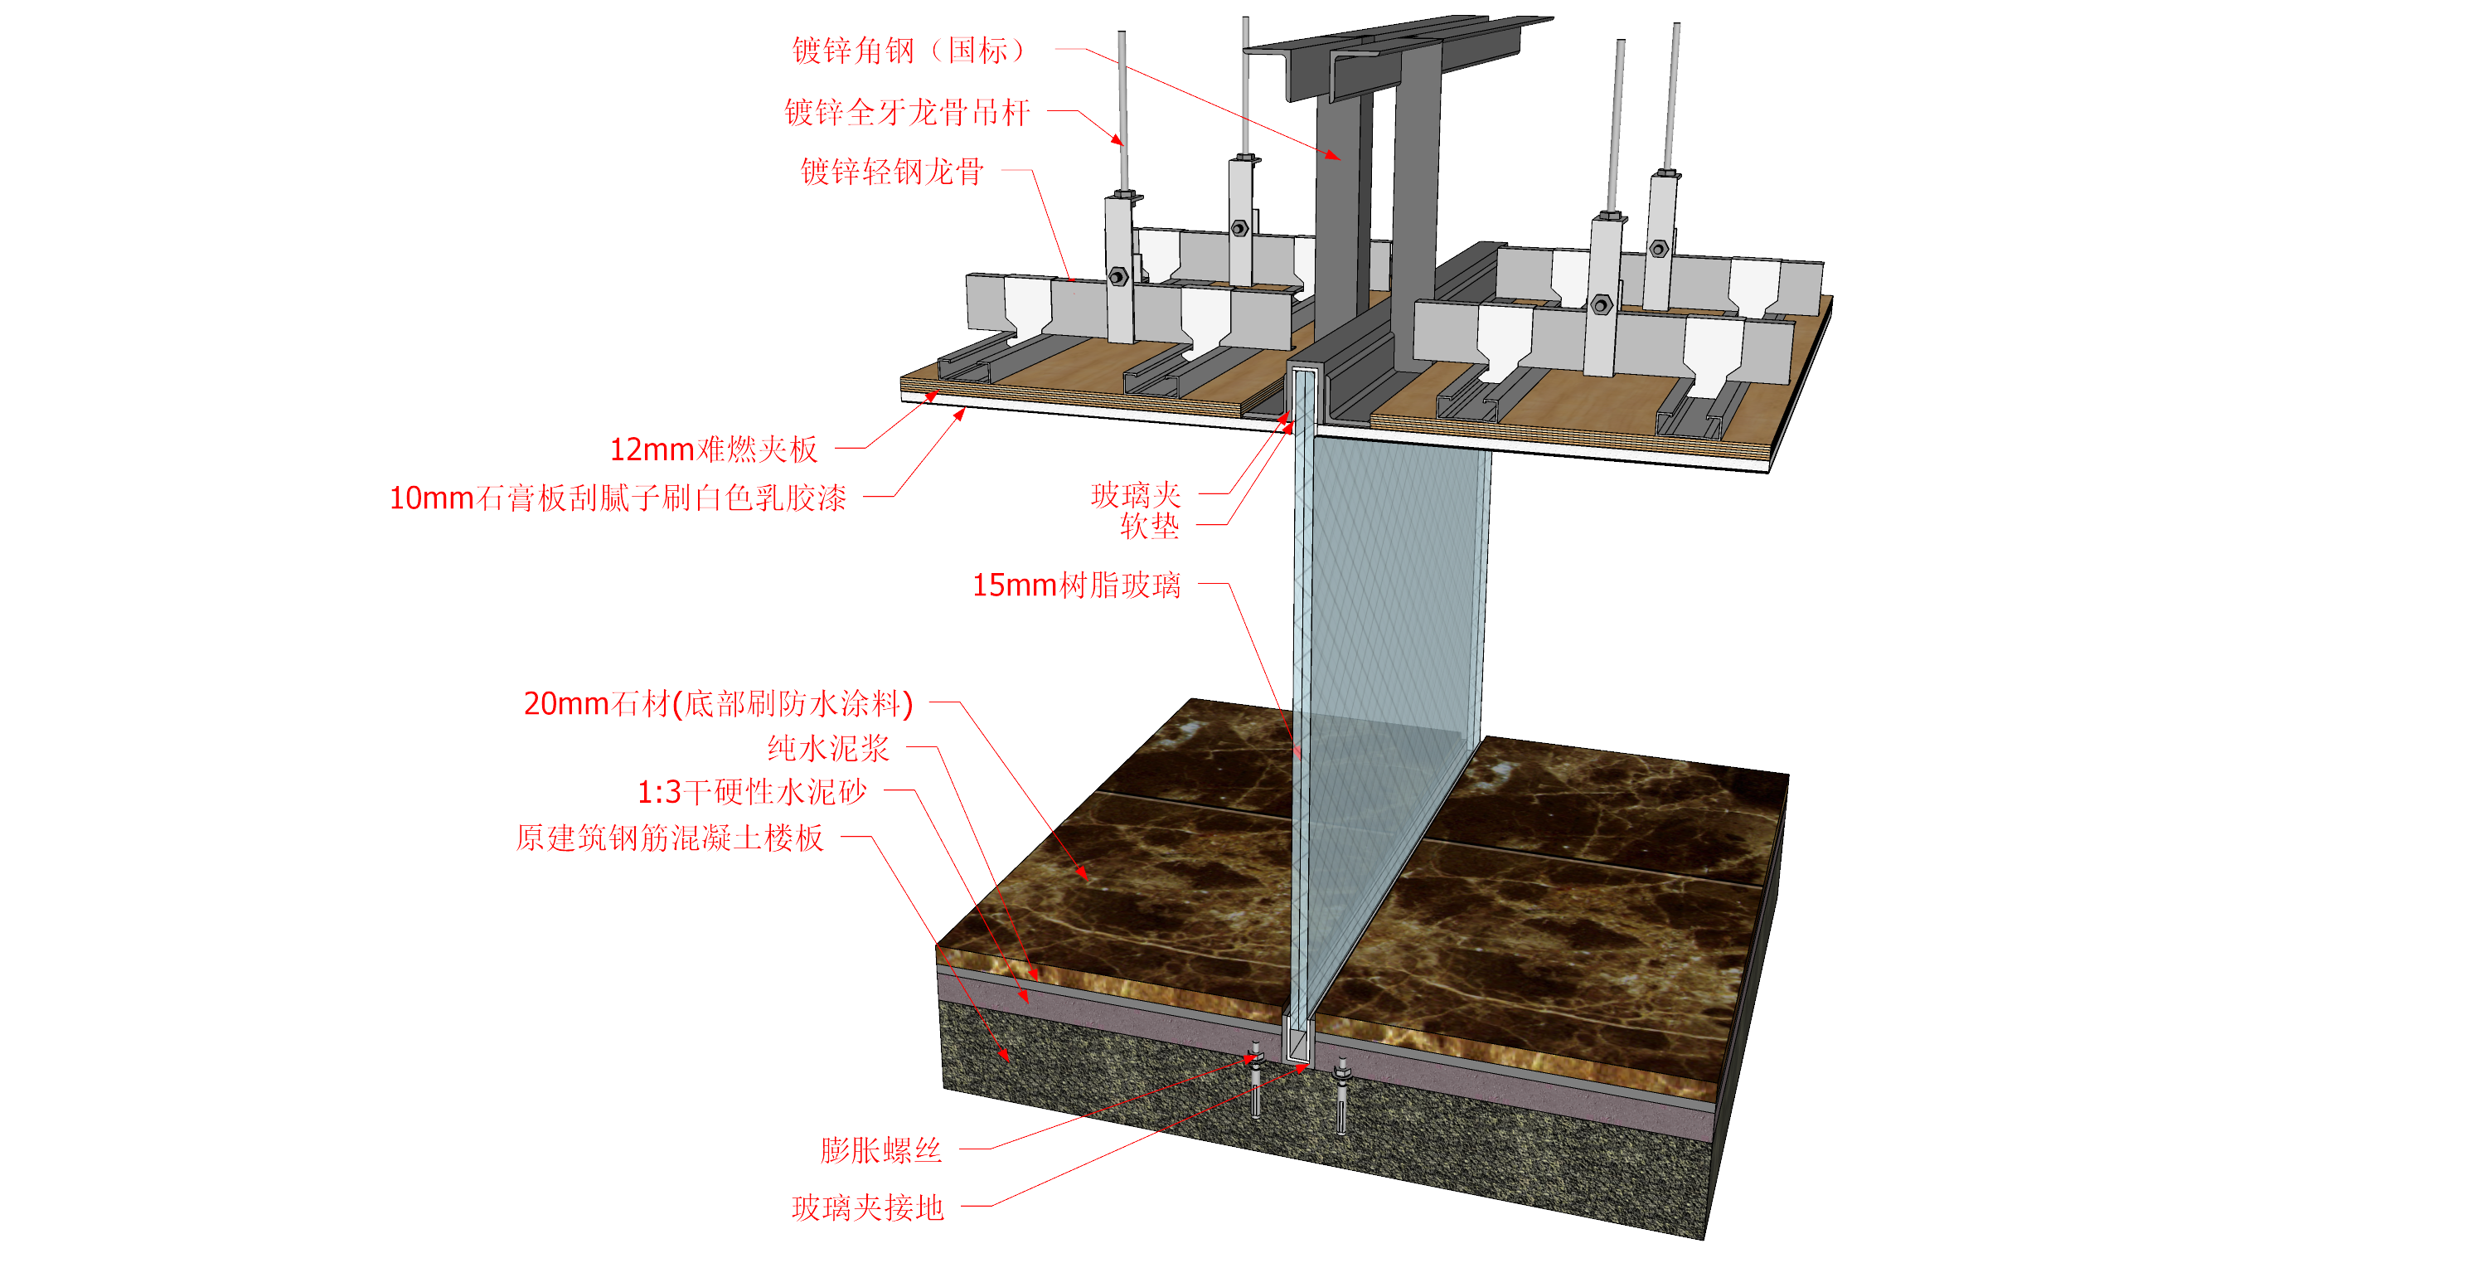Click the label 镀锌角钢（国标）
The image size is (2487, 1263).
(909, 51)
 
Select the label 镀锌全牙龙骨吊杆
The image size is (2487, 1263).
(908, 112)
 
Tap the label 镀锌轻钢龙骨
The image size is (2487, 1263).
(892, 171)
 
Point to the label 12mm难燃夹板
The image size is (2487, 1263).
(714, 449)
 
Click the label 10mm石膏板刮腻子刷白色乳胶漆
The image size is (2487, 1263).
(618, 498)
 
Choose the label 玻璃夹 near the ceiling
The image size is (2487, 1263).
(1136, 495)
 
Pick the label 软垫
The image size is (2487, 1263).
(1150, 527)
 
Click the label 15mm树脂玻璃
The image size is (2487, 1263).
(1077, 585)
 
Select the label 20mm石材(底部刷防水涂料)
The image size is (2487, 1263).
(718, 703)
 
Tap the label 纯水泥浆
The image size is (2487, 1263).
(828, 748)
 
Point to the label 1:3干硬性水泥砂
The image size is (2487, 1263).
(752, 793)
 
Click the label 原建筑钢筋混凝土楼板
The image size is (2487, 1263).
(670, 838)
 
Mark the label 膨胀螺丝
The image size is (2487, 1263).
(880, 1150)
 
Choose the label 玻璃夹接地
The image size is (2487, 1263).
(867, 1208)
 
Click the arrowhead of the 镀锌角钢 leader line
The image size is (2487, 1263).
(1334, 154)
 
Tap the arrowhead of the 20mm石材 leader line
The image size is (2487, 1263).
(1084, 874)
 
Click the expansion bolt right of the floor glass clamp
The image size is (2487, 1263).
(1341, 1096)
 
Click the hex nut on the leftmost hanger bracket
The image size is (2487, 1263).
(1118, 277)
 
